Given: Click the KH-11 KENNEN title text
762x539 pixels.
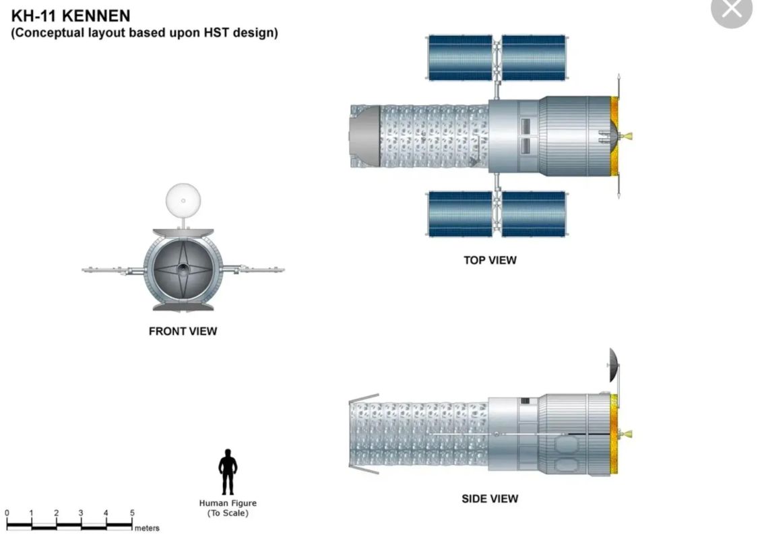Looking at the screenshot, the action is pyautogui.click(x=71, y=15).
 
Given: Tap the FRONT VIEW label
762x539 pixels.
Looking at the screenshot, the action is pyautogui.click(x=183, y=331).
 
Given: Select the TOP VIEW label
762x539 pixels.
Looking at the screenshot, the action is pyautogui.click(x=490, y=260).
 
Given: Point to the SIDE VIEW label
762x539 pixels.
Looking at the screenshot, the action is pyautogui.click(x=490, y=499).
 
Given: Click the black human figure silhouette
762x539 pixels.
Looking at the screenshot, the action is pyautogui.click(x=228, y=472).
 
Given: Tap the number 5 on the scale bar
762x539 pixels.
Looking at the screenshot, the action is pyautogui.click(x=131, y=512).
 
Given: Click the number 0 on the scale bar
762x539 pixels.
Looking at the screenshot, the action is pyautogui.click(x=7, y=512).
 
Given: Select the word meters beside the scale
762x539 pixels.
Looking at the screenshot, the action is pyautogui.click(x=147, y=528).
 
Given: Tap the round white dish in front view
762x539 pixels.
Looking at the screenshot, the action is pyautogui.click(x=183, y=200).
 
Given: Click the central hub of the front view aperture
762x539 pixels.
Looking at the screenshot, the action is pyautogui.click(x=183, y=269).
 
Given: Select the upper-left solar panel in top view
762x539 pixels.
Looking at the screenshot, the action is pyautogui.click(x=460, y=57).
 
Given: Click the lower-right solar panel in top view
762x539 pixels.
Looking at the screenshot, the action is pyautogui.click(x=534, y=214).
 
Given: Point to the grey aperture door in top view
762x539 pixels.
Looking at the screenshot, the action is pyautogui.click(x=365, y=137).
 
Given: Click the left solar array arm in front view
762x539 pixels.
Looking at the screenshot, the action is pyautogui.click(x=113, y=269).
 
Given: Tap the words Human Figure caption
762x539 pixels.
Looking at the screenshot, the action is pyautogui.click(x=228, y=503).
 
